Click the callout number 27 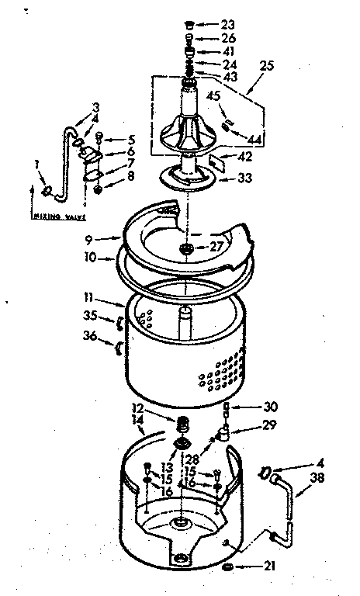[218, 248]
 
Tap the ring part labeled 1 [48, 190]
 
